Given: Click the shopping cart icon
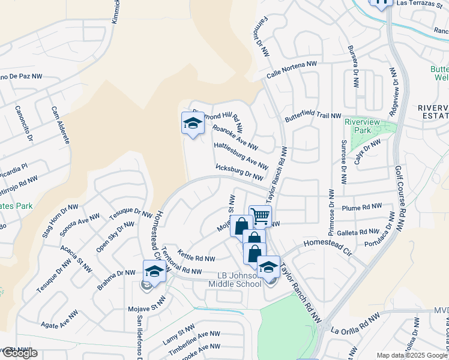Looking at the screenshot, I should [260, 216].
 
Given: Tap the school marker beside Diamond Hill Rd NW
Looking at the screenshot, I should [193, 124].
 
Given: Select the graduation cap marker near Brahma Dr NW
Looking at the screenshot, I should [154, 271].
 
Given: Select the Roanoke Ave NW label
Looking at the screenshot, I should [235, 137].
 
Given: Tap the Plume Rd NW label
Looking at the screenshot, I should [362, 207].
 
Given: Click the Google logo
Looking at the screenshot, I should [19, 353].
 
